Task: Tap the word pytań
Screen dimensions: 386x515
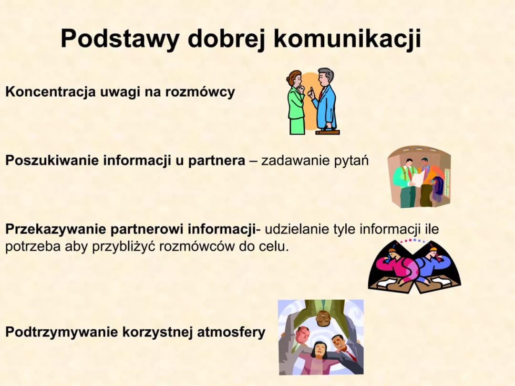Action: coord(353,161)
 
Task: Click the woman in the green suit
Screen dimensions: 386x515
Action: coord(296,102)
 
